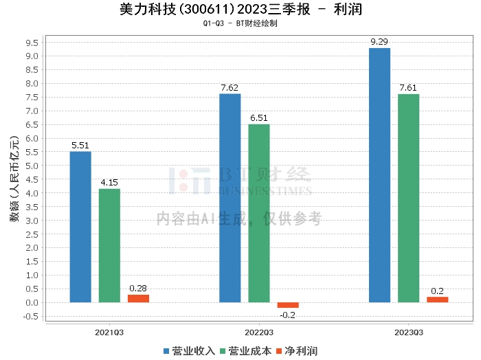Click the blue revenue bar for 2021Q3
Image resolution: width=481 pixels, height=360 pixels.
(80, 227)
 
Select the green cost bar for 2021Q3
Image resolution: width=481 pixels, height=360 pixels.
(109, 245)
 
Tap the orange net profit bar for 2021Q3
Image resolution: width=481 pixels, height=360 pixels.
(138, 298)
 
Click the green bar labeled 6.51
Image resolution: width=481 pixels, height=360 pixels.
(259, 213)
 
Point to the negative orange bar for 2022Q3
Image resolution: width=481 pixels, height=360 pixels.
(288, 305)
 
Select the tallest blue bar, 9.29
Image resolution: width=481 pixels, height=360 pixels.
(379, 175)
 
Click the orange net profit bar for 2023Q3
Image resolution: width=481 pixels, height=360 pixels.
(437, 300)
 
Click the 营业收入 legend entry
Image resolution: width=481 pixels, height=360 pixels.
(190, 351)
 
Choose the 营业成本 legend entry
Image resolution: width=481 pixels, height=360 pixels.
(247, 351)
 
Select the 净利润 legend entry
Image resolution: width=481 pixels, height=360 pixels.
(296, 351)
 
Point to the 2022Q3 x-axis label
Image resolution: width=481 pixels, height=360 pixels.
(258, 333)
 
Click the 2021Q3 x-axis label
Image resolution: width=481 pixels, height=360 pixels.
(109, 333)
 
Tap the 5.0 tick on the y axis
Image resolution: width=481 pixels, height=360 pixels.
(30, 166)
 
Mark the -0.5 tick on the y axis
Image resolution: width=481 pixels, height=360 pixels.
(28, 317)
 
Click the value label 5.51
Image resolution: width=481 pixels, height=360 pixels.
(80, 146)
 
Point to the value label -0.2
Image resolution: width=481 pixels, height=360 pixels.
(288, 315)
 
